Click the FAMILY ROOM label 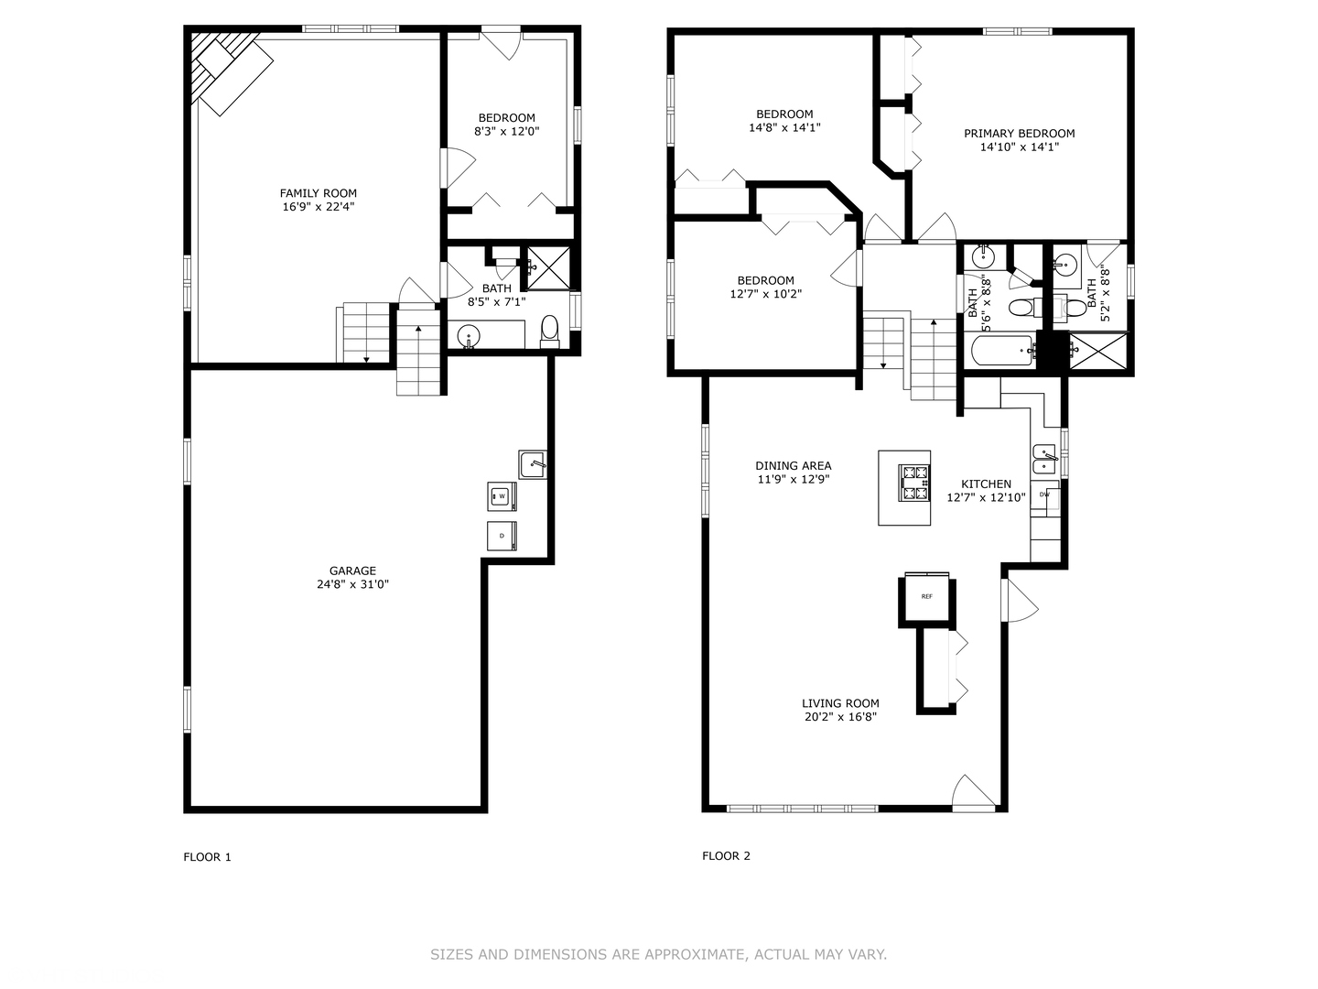coord(318,193)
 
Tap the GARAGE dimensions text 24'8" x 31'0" coord(352,584)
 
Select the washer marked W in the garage coord(502,496)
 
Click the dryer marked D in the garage coord(502,536)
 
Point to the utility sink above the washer coord(532,465)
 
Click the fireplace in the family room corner coord(224,69)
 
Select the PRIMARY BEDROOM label coord(1019,134)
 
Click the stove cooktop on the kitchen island coord(914,484)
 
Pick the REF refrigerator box coord(926,597)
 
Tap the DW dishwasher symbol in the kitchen coord(1045,495)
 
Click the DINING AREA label coord(793,466)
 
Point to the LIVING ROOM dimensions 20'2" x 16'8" coord(840,718)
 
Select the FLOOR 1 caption coord(208,857)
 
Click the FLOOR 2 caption coord(726,856)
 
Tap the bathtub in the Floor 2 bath coord(999,350)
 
